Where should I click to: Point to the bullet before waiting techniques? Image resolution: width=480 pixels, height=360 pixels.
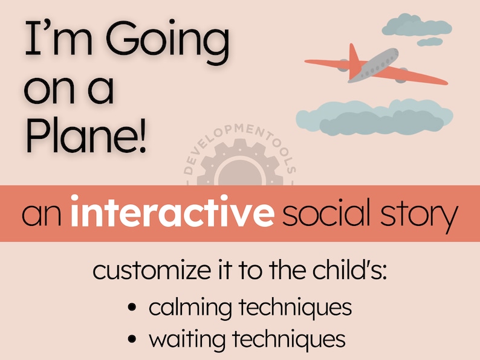132,339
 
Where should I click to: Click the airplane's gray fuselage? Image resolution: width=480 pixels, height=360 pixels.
375,65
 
